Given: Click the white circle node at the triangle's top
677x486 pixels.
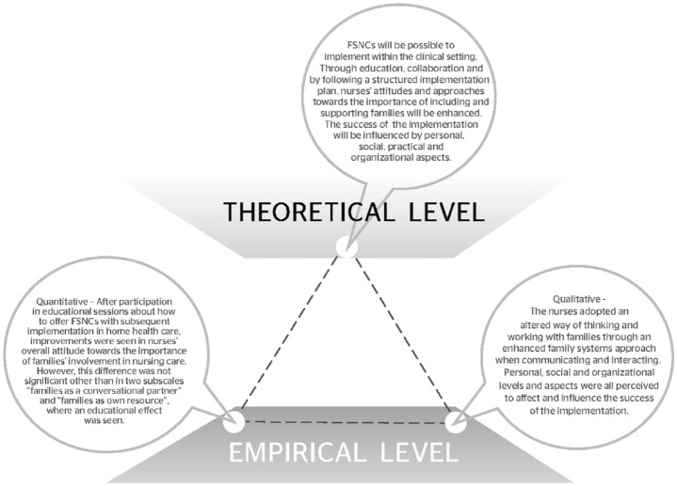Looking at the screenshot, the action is click(x=347, y=248).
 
